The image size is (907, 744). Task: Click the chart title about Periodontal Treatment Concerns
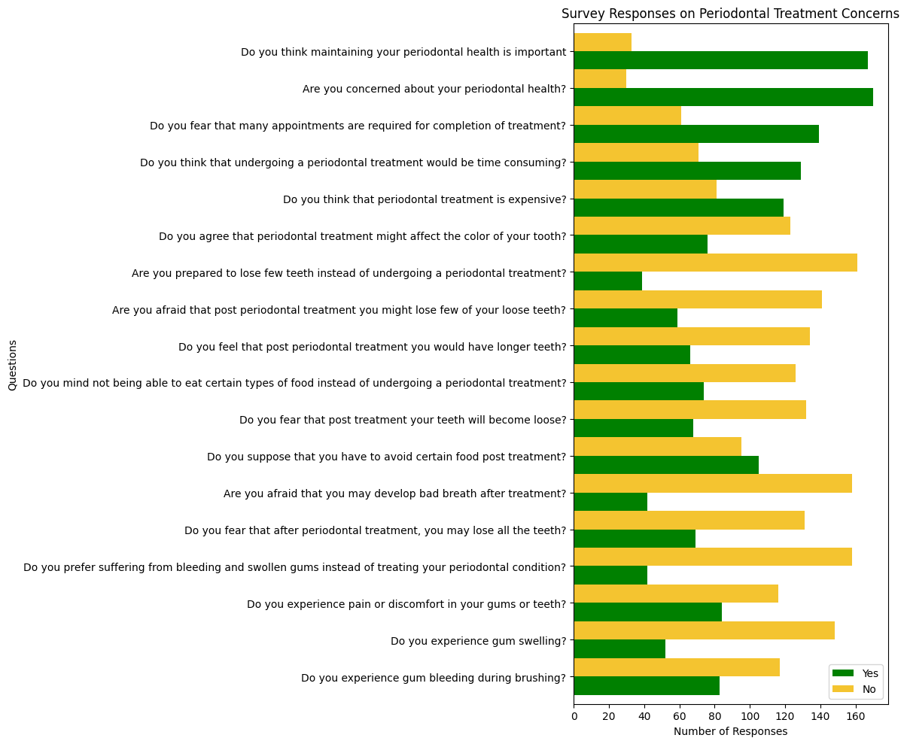coord(730,14)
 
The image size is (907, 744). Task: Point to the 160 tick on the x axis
coord(855,716)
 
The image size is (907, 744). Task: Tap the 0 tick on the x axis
coord(574,716)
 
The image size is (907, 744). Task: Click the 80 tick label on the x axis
coord(714,716)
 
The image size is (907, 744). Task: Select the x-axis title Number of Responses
coord(730,731)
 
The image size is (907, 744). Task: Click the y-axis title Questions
coord(12,365)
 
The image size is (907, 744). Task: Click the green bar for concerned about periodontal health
coord(723,97)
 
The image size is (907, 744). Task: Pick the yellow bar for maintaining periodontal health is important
coord(603,42)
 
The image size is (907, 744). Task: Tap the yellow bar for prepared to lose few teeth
coord(716,263)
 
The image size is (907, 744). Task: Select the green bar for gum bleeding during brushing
coord(647,685)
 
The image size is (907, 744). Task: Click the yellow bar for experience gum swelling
coord(705,630)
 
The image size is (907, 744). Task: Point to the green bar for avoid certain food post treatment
coord(666,465)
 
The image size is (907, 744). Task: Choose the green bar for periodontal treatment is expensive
coord(679,208)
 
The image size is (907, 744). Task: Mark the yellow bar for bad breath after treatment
coord(713,483)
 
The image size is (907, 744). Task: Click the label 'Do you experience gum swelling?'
coord(478,641)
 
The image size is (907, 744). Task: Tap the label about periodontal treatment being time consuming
coord(353,162)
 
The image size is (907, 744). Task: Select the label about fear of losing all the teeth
coord(375,530)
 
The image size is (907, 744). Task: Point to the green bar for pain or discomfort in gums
coord(648,612)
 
